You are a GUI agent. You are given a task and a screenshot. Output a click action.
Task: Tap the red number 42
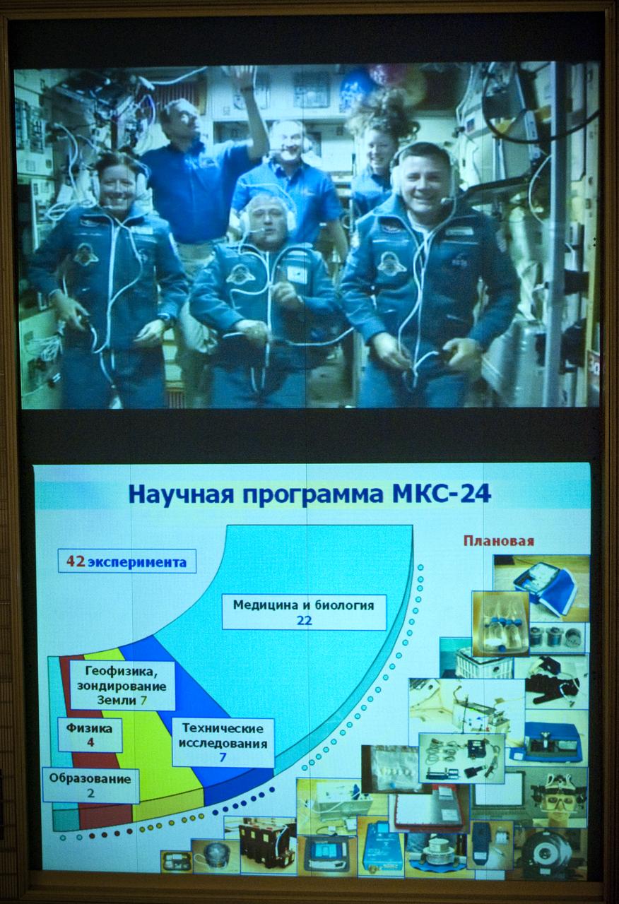click(76, 561)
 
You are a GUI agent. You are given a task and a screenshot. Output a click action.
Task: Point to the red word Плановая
click(498, 541)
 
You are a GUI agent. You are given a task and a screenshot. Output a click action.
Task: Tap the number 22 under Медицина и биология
click(304, 621)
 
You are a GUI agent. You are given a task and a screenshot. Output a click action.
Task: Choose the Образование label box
click(90, 785)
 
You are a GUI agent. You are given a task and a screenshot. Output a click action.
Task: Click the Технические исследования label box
click(223, 742)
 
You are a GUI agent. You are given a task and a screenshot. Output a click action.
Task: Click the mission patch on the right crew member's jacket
click(391, 263)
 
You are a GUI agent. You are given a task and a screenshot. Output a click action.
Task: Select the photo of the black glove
click(553, 681)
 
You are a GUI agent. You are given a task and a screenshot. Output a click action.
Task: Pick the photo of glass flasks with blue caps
click(500, 624)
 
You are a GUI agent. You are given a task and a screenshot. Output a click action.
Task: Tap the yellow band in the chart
click(159, 749)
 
